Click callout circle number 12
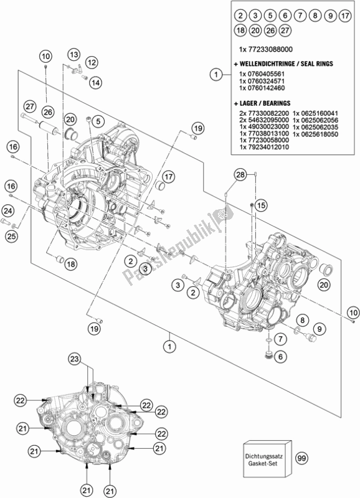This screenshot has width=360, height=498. click(x=92, y=62)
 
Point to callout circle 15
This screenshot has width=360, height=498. click(x=260, y=205)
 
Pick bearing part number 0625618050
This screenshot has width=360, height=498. click(x=317, y=134)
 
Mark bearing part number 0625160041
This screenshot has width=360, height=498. click(x=317, y=112)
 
